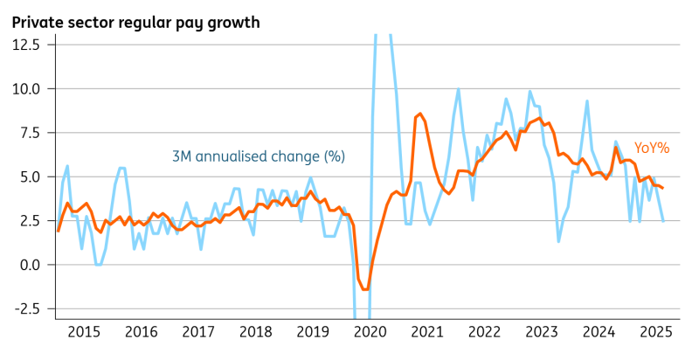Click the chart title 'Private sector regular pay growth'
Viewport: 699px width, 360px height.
point(135,22)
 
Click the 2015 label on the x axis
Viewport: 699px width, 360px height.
point(84,332)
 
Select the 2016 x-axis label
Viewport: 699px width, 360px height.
point(142,332)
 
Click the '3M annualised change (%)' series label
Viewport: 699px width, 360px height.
point(258,156)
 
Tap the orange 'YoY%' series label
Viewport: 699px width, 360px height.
point(652,148)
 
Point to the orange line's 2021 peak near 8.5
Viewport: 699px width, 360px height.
point(420,114)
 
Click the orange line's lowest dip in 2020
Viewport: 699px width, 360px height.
point(364,289)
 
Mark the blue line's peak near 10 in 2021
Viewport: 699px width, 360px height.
point(458,89)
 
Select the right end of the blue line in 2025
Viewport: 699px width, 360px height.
point(663,221)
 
